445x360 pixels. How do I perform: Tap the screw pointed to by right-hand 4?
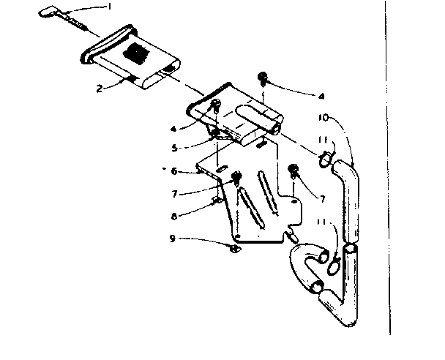(262, 78)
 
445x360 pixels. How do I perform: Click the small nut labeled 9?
(234, 249)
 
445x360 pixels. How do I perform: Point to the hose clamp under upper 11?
(326, 155)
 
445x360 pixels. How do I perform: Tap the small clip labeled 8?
(217, 198)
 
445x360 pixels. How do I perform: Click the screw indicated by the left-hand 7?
(236, 177)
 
